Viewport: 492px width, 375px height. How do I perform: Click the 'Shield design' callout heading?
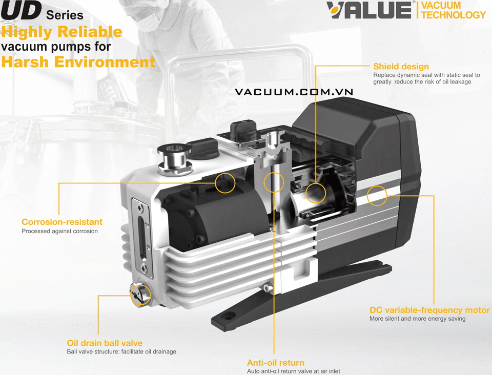(401, 67)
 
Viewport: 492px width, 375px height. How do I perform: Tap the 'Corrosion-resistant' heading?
(62, 222)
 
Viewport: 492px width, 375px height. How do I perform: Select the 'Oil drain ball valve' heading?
(105, 343)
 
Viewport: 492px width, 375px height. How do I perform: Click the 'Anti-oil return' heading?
(276, 363)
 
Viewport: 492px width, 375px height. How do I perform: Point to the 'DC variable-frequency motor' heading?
(429, 310)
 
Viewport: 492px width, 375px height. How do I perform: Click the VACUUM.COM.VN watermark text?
(294, 92)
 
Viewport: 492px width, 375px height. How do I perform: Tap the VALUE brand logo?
(369, 10)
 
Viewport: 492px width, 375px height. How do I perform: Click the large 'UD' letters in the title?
(21, 10)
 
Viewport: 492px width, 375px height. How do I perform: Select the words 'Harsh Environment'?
(78, 62)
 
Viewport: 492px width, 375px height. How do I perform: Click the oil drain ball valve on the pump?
(140, 295)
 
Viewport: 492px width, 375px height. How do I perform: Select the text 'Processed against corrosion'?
(59, 231)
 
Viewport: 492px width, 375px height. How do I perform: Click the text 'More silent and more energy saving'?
(417, 319)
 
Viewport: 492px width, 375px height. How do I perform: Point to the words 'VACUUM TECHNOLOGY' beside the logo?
(453, 10)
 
